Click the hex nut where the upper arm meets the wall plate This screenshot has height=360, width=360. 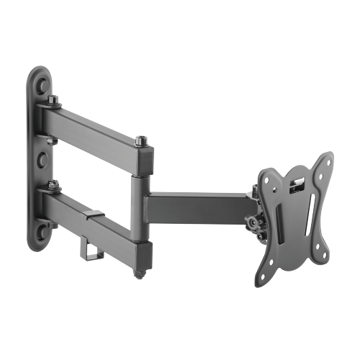click(x=53, y=103)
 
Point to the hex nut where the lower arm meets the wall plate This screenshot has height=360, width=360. click(x=53, y=189)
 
